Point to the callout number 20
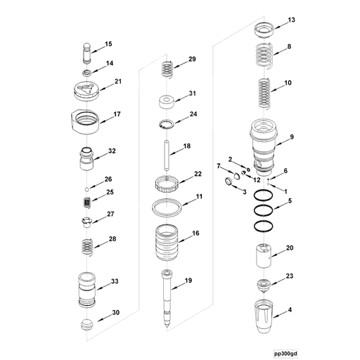click(x=290, y=247)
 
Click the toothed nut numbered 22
click(x=168, y=186)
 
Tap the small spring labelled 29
click(x=167, y=70)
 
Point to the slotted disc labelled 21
click(x=87, y=90)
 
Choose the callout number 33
click(x=115, y=283)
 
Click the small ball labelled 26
click(x=86, y=189)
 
